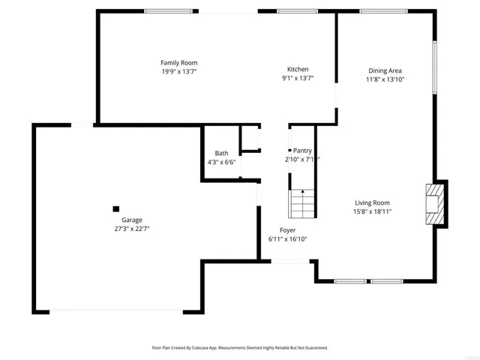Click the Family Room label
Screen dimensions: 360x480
(x=179, y=62)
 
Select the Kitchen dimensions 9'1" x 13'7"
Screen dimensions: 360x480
(x=298, y=78)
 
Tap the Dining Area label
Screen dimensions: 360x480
(x=385, y=70)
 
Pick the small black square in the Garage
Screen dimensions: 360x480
(x=115, y=209)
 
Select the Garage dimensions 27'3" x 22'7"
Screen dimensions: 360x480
(x=127, y=229)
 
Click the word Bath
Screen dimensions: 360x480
(x=221, y=153)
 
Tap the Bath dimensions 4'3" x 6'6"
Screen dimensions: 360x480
(x=221, y=162)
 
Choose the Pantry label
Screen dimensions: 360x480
(x=302, y=151)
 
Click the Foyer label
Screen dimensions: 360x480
(x=287, y=230)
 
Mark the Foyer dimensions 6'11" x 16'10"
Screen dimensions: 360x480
(x=287, y=239)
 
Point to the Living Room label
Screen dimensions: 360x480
(x=372, y=202)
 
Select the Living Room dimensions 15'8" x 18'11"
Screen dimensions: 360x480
(x=373, y=211)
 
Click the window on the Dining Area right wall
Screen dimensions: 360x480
(x=434, y=67)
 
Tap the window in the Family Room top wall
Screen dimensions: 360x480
(x=166, y=10)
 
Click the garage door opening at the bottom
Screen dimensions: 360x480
(x=115, y=312)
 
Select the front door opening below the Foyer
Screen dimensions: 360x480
(x=287, y=261)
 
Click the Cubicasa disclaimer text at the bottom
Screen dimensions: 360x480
(x=240, y=348)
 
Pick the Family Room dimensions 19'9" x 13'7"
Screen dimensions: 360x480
(x=179, y=72)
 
